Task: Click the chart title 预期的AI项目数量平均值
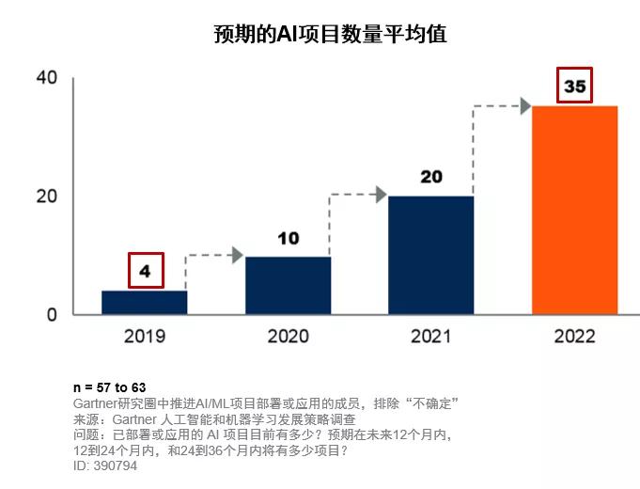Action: [x=330, y=34]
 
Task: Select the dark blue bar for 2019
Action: [x=145, y=302]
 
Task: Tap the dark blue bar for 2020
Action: [x=289, y=286]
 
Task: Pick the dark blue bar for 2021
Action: [x=431, y=256]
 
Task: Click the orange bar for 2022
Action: [x=575, y=210]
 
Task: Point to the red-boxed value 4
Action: [x=146, y=271]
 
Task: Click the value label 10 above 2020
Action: [x=289, y=239]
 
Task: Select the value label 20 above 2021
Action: [x=431, y=177]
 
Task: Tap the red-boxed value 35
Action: [x=575, y=86]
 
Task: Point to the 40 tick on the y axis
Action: [x=47, y=77]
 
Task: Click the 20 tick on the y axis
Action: [x=47, y=197]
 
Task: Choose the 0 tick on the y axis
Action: [x=52, y=315]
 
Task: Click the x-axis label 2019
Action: [x=145, y=337]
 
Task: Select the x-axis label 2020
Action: [x=289, y=337]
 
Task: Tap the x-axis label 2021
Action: [x=431, y=337]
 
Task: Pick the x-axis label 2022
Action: [x=575, y=337]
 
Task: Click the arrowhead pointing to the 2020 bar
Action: [x=238, y=255]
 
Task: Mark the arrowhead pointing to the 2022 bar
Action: [x=525, y=106]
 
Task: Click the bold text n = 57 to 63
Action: [x=109, y=387]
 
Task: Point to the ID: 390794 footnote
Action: [x=105, y=465]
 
